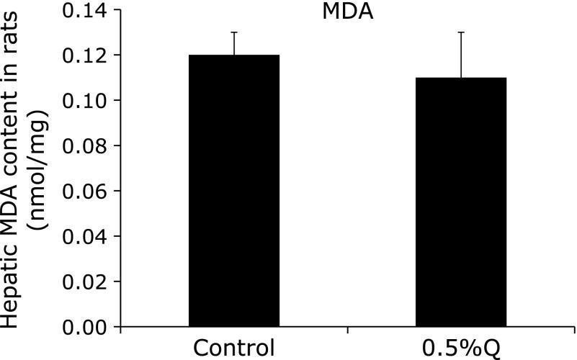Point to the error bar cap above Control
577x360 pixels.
pos(233,32)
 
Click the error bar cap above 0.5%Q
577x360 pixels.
pos(461,32)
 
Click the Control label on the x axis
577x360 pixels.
pos(233,348)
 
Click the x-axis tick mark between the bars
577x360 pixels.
pos(347,330)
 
